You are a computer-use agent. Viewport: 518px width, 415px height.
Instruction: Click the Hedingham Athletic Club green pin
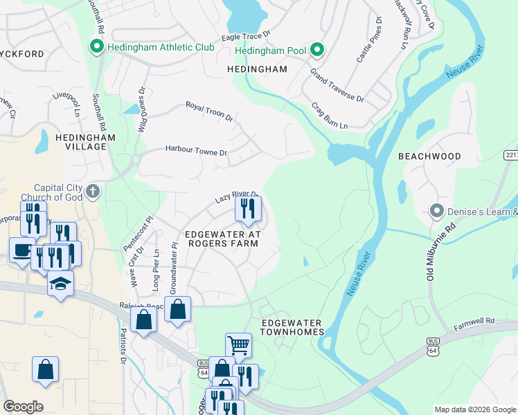tap(96, 47)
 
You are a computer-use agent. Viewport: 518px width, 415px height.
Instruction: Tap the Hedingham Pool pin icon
tap(316, 49)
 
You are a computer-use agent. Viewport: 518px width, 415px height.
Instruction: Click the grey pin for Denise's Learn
tap(436, 210)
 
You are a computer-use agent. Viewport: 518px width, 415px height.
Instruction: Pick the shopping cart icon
tap(238, 344)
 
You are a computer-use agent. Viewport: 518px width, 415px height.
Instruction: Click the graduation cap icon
tap(60, 283)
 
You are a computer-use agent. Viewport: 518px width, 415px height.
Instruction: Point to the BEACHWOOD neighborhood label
tap(429, 156)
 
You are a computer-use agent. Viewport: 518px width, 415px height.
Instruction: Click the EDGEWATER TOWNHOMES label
tap(292, 327)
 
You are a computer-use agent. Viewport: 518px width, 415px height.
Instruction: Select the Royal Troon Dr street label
tap(210, 111)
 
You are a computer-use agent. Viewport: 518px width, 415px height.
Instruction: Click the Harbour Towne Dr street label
tap(195, 151)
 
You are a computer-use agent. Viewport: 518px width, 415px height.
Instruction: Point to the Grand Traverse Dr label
tap(337, 85)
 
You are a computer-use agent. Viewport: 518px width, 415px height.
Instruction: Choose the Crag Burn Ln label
tap(329, 116)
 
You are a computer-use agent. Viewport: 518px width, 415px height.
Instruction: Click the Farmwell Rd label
tap(474, 322)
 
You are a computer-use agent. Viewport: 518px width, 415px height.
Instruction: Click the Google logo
tap(23, 407)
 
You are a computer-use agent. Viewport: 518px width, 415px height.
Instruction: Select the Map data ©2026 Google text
tap(474, 409)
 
